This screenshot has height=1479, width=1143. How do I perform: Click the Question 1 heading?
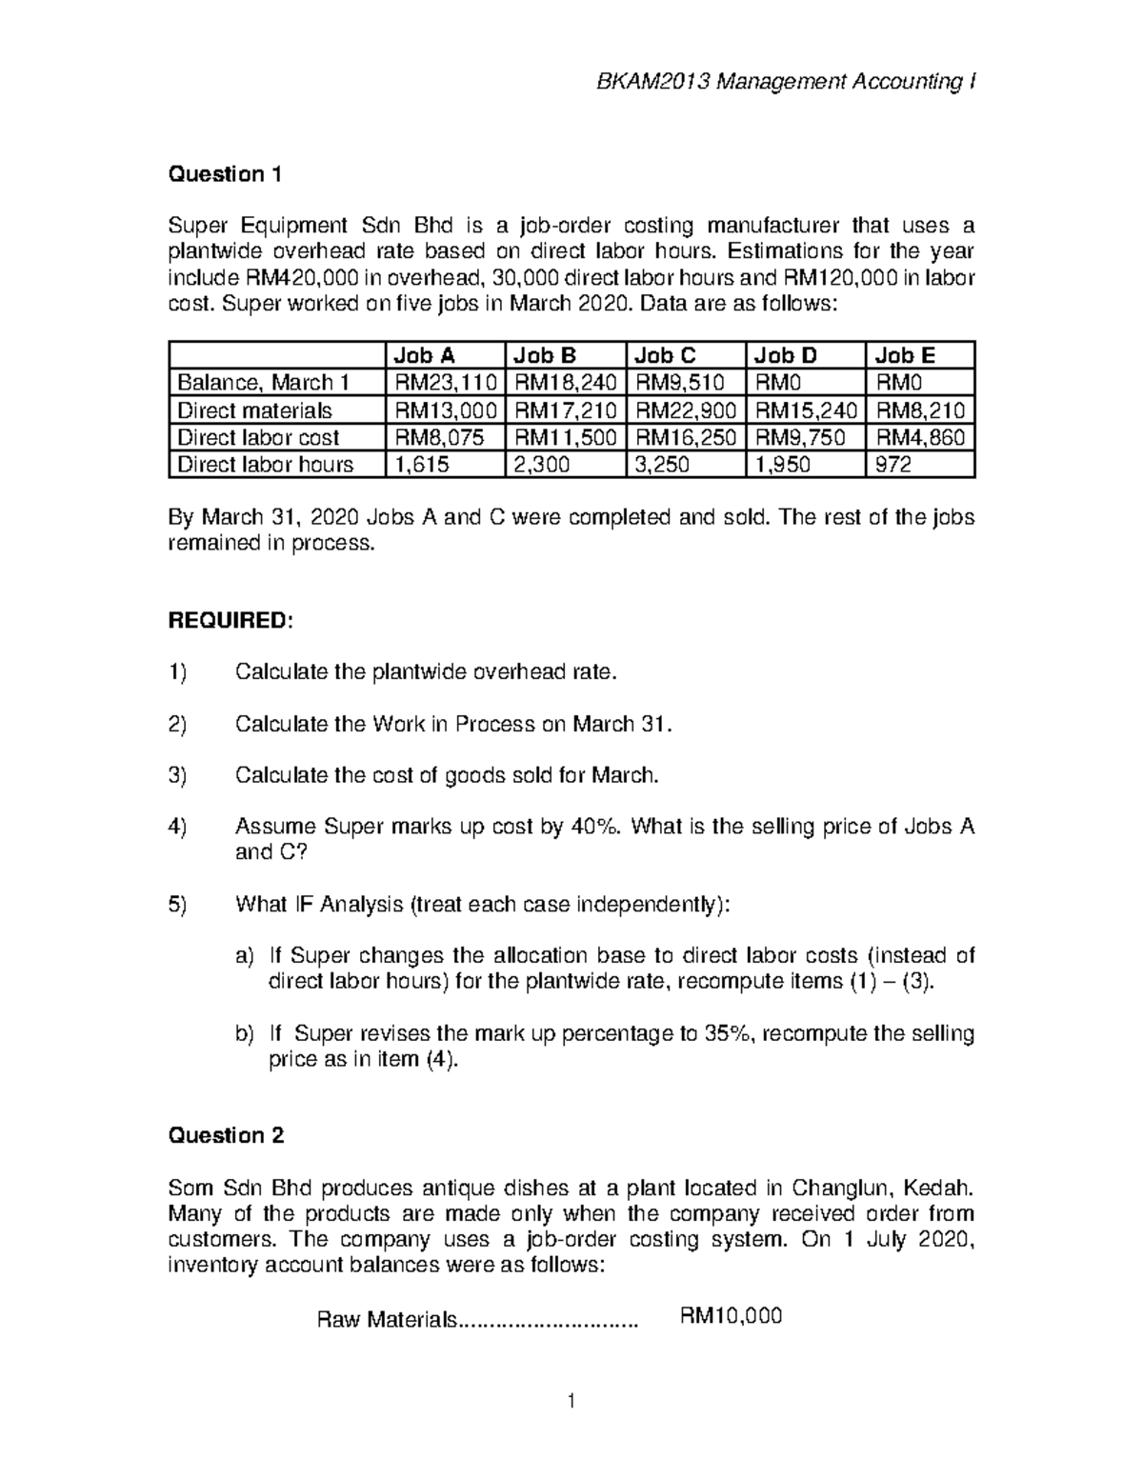click(225, 174)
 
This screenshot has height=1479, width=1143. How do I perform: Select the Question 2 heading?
click(226, 1135)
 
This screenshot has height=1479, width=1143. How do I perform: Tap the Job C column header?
click(665, 355)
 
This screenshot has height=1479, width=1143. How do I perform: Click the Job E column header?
click(905, 355)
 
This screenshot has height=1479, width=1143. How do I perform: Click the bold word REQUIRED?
click(227, 621)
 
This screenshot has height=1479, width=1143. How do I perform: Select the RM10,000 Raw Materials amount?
click(730, 1316)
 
